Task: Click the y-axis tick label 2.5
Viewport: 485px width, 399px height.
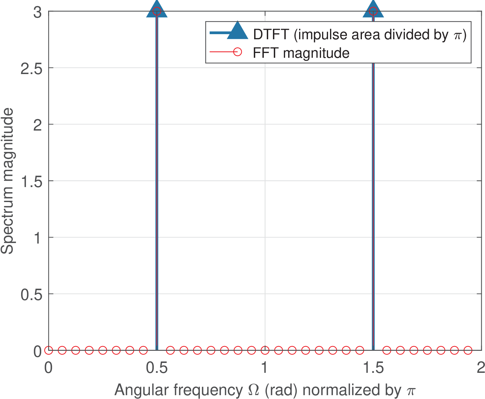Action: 31,68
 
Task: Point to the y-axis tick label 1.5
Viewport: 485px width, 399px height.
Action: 31,181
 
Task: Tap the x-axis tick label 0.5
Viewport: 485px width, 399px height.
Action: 157,368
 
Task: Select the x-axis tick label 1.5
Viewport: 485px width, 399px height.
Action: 373,368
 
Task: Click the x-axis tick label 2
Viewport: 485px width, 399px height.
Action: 481,368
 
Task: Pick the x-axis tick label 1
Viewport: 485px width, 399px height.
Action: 265,368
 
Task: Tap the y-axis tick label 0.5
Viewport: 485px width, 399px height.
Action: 31,294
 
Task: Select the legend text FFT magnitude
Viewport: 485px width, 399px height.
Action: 301,53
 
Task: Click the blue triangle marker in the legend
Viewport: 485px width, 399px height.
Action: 237,31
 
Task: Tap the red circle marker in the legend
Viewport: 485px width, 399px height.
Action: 237,51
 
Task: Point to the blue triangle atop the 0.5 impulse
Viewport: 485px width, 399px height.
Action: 157,9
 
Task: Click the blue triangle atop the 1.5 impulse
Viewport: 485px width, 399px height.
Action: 373,9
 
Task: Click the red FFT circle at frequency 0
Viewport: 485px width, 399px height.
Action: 48,350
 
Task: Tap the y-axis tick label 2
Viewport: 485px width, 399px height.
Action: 38,125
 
